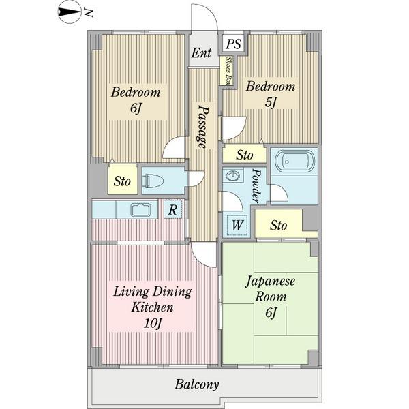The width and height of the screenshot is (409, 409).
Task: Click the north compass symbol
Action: point(70,13)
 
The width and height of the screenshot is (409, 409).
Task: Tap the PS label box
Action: point(233,44)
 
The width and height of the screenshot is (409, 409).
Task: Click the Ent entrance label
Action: point(201,53)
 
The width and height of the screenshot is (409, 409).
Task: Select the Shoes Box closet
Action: point(227,70)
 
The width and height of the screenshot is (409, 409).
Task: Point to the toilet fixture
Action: point(153,181)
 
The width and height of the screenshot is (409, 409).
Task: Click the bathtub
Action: point(294,162)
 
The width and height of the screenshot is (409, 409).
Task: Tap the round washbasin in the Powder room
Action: point(232,176)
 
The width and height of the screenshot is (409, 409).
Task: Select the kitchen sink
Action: point(141,210)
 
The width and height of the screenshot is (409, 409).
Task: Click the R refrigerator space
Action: point(173,209)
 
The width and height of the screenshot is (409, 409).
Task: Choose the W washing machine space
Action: point(237,224)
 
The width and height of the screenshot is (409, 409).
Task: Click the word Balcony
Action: point(197,384)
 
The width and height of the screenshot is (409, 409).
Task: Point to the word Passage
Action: point(202,127)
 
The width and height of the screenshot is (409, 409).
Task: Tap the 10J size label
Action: point(153,323)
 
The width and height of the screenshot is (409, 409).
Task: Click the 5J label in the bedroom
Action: point(270,102)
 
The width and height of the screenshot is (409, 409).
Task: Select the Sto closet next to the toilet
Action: point(123,180)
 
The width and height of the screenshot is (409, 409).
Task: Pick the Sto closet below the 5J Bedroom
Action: point(245,155)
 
